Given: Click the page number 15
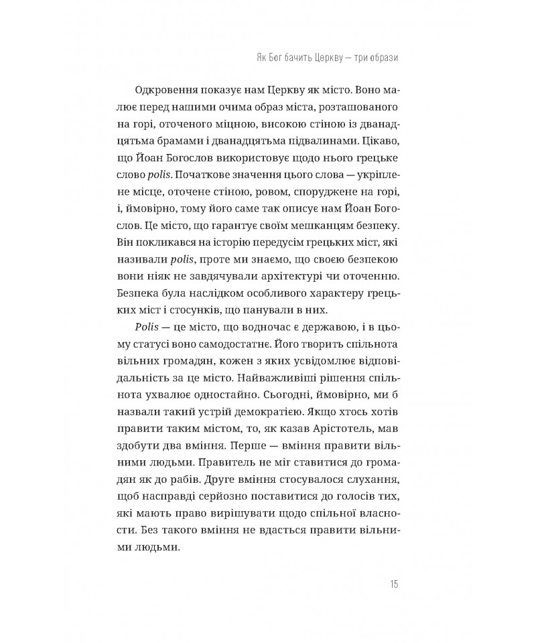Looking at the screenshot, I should coord(393,585).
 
